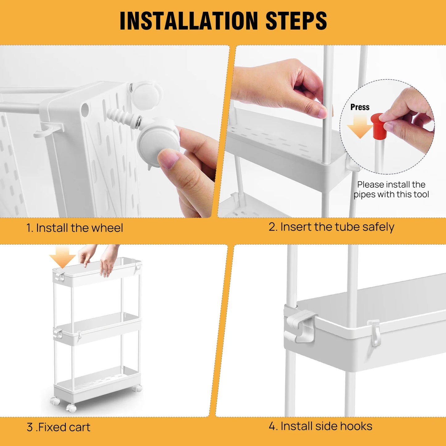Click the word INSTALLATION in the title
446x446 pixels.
click(189, 21)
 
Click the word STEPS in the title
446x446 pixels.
click(296, 21)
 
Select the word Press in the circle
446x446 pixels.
click(360, 107)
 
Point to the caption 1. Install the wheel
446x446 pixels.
click(75, 228)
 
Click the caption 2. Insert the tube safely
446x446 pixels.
click(331, 227)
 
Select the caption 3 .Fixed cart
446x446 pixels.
click(59, 427)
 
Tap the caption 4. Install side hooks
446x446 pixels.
click(320, 426)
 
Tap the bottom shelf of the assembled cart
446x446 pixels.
click(97, 383)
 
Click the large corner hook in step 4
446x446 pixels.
click(299, 324)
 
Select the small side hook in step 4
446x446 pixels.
click(374, 332)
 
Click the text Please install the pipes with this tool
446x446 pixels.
click(391, 189)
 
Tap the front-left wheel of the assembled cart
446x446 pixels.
click(71, 408)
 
